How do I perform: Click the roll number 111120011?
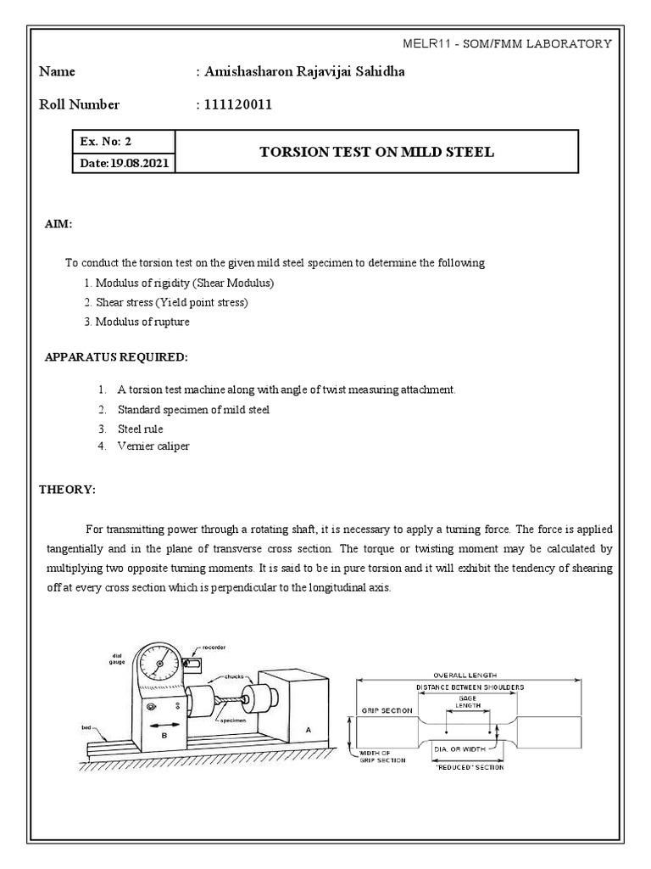(x=237, y=105)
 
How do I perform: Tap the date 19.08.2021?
(x=123, y=163)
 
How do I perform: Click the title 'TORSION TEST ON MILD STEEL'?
(x=376, y=152)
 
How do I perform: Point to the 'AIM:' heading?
(x=58, y=223)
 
